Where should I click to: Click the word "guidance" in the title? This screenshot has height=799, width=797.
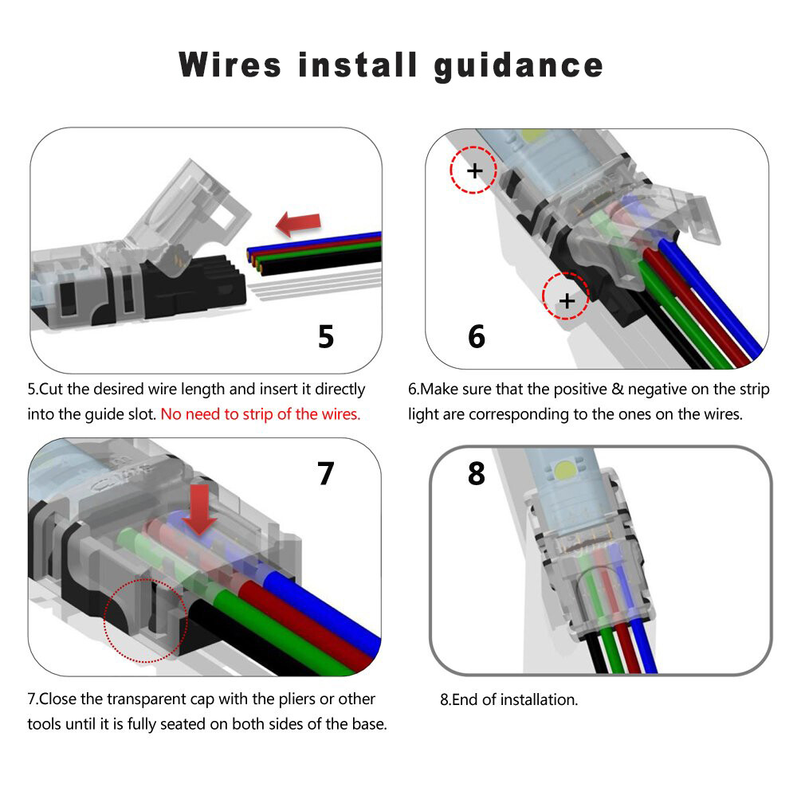518,65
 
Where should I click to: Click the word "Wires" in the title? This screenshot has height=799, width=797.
230,65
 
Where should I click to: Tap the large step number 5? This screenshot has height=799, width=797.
326,336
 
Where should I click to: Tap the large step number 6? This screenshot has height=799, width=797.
476,336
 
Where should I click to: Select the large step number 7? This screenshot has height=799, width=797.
326,473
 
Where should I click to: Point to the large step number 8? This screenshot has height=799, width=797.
476,473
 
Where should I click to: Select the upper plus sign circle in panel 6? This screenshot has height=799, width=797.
473,170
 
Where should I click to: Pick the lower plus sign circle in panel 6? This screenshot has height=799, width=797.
566,300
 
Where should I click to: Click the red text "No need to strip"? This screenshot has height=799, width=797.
260,414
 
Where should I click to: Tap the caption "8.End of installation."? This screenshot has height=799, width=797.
508,700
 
